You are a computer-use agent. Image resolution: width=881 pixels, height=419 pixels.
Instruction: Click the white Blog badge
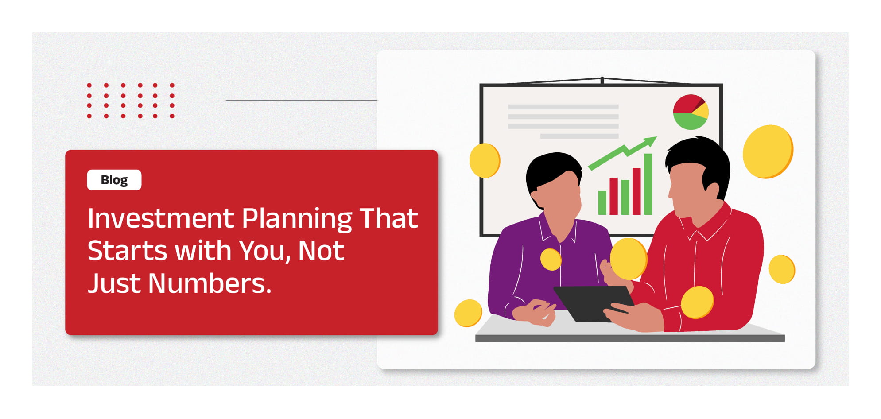coord(114,180)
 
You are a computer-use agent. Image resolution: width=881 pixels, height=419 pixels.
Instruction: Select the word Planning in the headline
coord(297,219)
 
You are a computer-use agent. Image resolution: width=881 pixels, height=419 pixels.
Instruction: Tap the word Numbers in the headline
coord(210,283)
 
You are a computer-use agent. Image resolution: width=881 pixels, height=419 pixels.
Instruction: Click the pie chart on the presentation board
coord(691,112)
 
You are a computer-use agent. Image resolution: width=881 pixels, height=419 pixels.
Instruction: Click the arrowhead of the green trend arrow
coord(650,142)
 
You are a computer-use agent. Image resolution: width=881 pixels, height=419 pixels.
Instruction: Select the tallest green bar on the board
coord(648,184)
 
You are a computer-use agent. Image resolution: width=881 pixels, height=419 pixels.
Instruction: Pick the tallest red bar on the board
coord(636,191)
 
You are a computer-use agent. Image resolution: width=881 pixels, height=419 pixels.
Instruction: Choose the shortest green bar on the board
coord(602,203)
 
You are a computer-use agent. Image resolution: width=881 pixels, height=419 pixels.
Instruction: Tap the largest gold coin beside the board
coord(768,151)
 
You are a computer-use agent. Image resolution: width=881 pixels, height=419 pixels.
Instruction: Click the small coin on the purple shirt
coord(551,259)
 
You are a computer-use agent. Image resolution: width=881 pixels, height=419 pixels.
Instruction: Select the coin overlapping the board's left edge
coord(485,160)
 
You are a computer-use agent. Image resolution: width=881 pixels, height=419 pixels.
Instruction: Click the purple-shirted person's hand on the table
coord(534,313)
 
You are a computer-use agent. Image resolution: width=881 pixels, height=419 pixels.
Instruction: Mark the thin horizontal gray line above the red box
coord(301,101)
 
